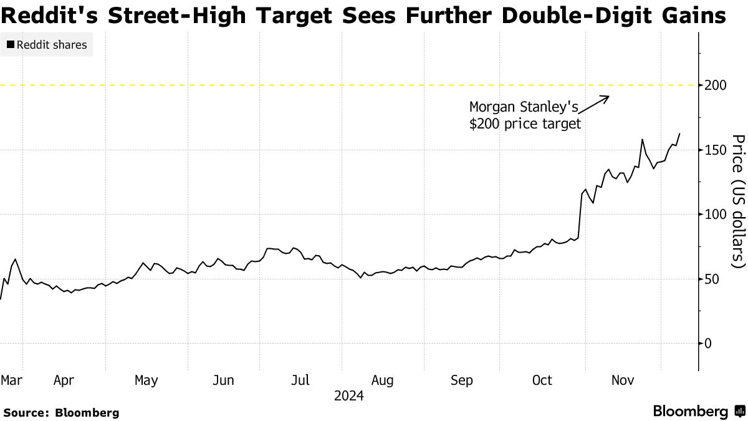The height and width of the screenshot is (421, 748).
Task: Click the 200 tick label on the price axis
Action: pos(715,85)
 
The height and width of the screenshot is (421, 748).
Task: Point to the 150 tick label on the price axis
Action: pos(715,150)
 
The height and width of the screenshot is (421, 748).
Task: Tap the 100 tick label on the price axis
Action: pos(715,215)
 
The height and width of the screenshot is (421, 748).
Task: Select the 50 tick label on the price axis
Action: pos(712,279)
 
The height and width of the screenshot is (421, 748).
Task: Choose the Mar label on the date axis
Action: pos(12,380)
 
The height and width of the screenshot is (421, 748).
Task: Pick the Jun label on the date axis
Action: pos(224,380)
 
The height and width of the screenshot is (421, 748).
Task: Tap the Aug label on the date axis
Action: pos(382,380)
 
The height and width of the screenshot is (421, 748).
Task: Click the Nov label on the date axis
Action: pos(623,380)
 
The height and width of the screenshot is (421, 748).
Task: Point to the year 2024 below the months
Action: pos(349,395)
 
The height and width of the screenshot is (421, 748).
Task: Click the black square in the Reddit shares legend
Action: pos(9,45)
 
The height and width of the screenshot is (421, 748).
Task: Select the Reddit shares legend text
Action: pos(51,45)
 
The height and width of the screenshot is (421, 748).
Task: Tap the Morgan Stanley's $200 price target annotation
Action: pos(525,115)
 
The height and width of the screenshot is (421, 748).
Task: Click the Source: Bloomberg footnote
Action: pos(61,412)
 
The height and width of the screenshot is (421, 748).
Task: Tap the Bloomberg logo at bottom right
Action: pos(698,411)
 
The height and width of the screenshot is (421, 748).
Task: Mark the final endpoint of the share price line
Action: pos(679,133)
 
